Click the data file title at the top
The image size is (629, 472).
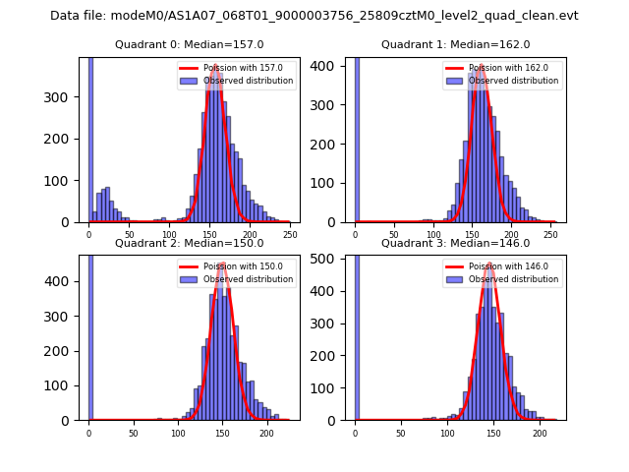pyautogui.click(x=314, y=16)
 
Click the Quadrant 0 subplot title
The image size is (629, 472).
pyautogui.click(x=189, y=44)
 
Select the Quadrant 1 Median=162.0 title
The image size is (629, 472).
pyautogui.click(x=455, y=44)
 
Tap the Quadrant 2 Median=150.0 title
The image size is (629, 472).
pyautogui.click(x=189, y=243)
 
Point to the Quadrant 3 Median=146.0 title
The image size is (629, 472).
pyautogui.click(x=455, y=243)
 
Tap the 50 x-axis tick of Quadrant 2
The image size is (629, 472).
pyautogui.click(x=133, y=432)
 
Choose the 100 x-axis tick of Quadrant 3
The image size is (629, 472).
pyautogui.click(x=447, y=432)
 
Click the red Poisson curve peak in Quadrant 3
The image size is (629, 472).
pyautogui.click(x=489, y=265)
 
